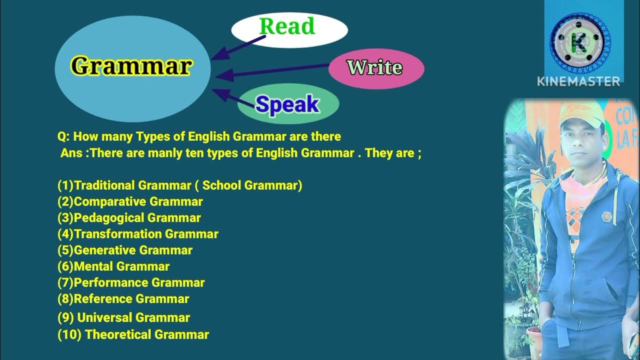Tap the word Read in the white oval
tap(287, 26)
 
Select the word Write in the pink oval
tap(375, 67)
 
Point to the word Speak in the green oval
tap(287, 104)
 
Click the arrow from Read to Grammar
tap(237, 47)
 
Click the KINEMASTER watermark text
tap(578, 81)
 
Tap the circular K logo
tap(580, 42)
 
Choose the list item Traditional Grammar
tap(180, 185)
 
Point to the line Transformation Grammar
tap(138, 234)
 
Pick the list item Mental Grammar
tap(113, 266)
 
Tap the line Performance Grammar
tap(131, 282)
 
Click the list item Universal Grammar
tap(124, 317)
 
